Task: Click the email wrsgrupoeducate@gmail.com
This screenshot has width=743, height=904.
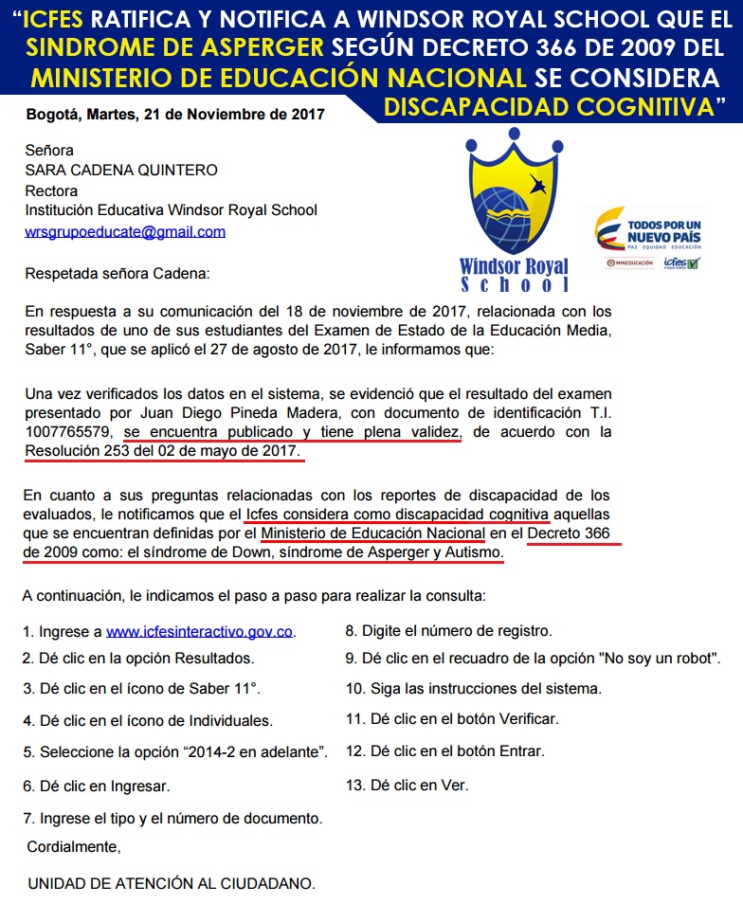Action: tap(125, 231)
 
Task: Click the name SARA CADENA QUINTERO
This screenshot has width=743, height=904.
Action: tap(121, 171)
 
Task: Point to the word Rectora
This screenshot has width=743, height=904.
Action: tap(52, 190)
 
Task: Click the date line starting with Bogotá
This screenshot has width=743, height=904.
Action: tap(175, 115)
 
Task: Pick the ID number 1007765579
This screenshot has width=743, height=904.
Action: tap(66, 431)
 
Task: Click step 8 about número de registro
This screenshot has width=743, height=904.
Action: tap(448, 630)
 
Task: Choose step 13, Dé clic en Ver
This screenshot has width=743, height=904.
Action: tap(407, 785)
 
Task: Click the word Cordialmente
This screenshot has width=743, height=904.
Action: tap(73, 845)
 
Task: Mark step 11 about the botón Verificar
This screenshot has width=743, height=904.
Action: tap(452, 719)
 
